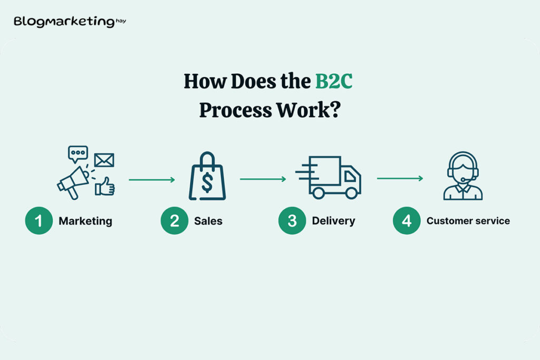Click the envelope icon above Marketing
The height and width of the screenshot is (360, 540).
(x=104, y=160)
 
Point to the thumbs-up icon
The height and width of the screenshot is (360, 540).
(x=105, y=186)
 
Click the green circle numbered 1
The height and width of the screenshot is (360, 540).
(x=38, y=221)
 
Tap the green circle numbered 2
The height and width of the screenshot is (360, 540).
(x=174, y=221)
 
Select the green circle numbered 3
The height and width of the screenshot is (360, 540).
(x=292, y=221)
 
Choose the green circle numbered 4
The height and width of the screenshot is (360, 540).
(x=407, y=221)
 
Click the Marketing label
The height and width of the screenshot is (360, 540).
(x=85, y=221)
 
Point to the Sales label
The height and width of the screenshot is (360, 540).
(x=208, y=221)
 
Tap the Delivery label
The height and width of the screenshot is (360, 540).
(x=333, y=221)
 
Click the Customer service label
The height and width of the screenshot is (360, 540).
(x=468, y=221)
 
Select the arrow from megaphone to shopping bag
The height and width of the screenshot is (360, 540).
(x=152, y=180)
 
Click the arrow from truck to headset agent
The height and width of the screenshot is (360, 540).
(x=400, y=179)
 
